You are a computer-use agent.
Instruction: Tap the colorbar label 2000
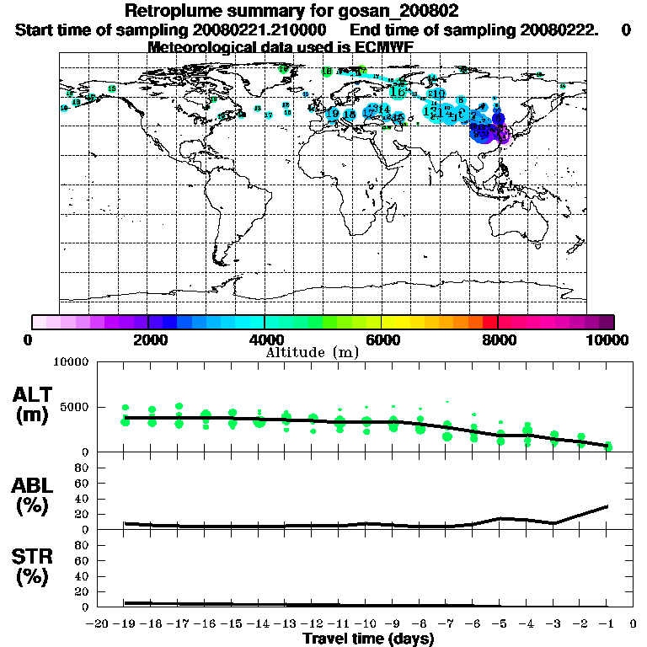pyautogui.click(x=147, y=340)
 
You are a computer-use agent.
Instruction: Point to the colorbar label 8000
pyautogui.click(x=498, y=340)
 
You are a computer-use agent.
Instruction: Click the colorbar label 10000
pyautogui.click(x=609, y=340)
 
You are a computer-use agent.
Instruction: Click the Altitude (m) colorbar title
pyautogui.click(x=312, y=351)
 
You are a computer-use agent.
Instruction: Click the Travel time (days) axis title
pyautogui.click(x=368, y=639)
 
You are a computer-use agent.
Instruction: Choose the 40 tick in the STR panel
pyautogui.click(x=83, y=576)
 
